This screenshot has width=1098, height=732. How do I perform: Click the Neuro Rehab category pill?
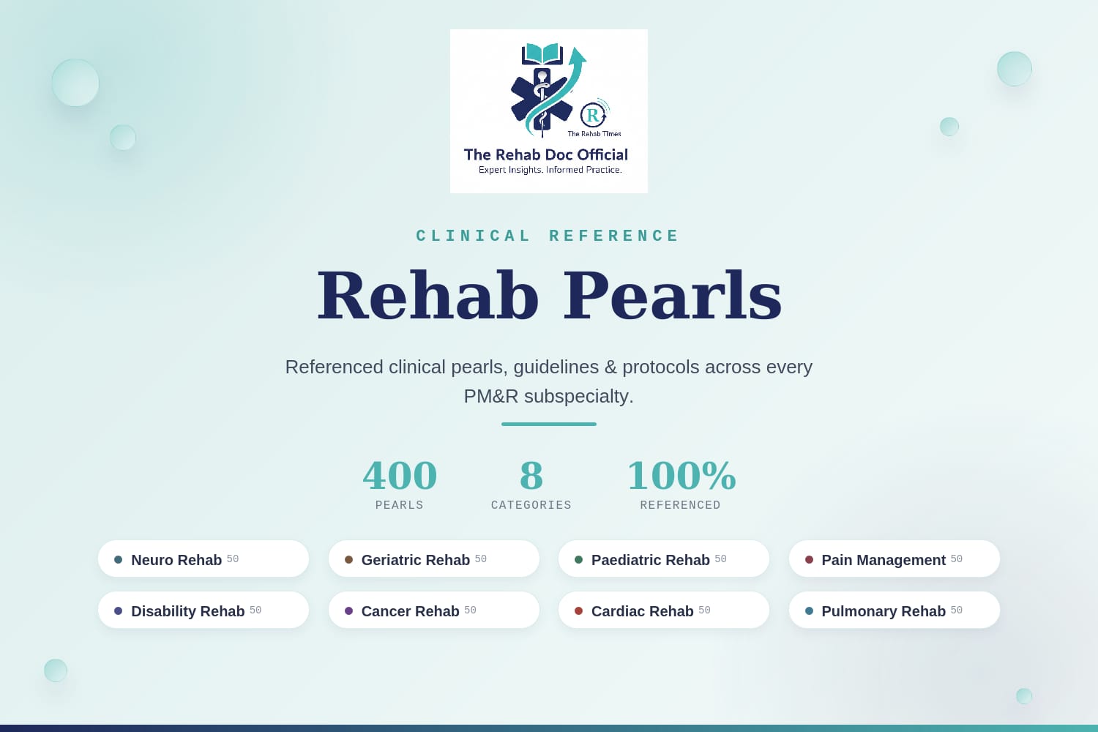[x=203, y=559]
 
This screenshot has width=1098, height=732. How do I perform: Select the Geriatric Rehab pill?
[x=434, y=559]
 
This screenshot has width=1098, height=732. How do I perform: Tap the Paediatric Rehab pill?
[x=664, y=559]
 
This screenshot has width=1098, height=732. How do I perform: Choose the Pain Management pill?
[x=894, y=559]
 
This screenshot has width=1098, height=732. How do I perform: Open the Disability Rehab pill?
[x=203, y=610]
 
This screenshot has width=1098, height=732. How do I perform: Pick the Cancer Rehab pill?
[x=434, y=610]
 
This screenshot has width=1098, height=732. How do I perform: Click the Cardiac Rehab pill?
[x=664, y=610]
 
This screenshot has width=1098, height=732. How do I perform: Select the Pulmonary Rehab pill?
[x=894, y=610]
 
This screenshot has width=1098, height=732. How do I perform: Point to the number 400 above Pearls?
[x=400, y=475]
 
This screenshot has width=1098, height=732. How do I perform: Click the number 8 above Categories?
[x=531, y=475]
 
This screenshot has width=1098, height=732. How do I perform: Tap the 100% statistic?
[x=681, y=475]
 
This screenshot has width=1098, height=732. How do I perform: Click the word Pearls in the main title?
[x=672, y=296]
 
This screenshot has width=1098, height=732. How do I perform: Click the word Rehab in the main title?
[x=428, y=296]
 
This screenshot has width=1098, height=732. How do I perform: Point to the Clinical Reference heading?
[x=548, y=236]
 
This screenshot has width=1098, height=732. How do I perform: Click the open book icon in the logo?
[x=542, y=54]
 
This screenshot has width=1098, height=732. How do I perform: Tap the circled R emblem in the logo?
[x=593, y=115]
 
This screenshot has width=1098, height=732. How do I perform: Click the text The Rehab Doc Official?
[x=546, y=155]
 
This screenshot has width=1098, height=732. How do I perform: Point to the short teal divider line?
[x=549, y=424]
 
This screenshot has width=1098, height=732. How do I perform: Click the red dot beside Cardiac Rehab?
[x=578, y=611]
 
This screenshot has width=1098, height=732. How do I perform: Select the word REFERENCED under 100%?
[x=680, y=505]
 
